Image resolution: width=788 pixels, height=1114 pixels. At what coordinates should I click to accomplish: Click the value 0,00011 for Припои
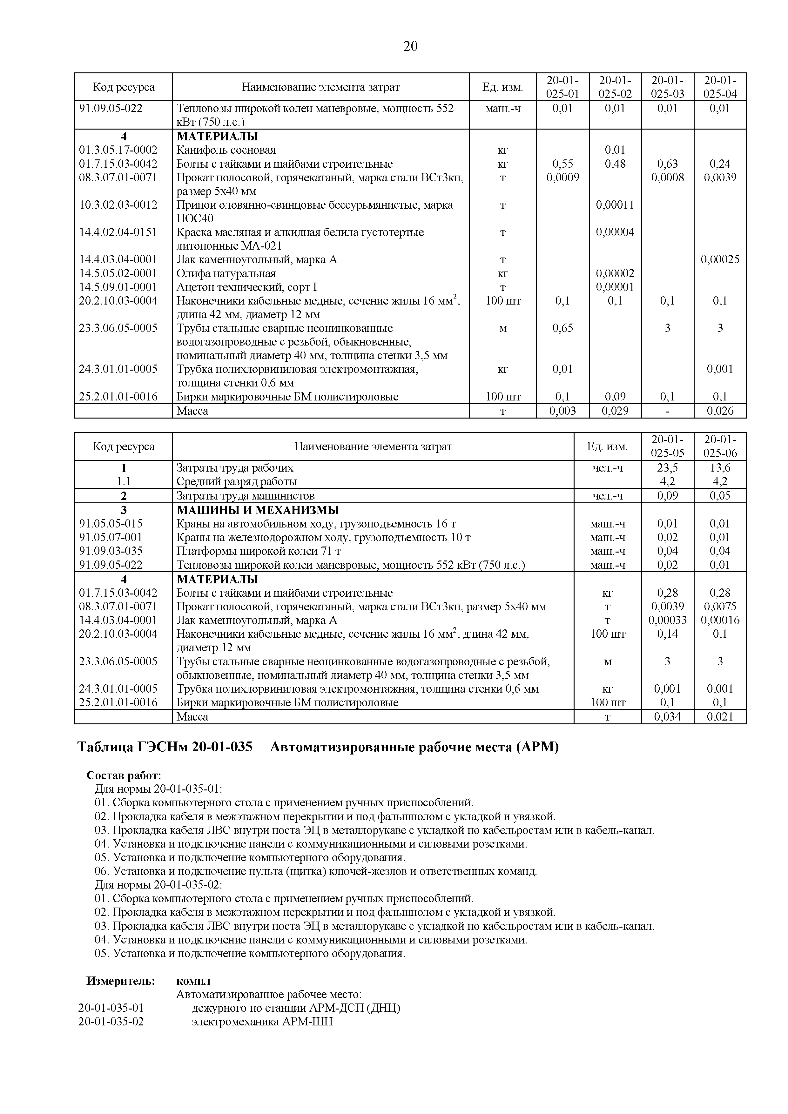tap(615, 205)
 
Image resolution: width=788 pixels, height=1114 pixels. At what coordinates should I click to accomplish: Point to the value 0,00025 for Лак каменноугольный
tap(720, 259)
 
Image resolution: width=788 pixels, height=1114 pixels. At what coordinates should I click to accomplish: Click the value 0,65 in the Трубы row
tap(562, 328)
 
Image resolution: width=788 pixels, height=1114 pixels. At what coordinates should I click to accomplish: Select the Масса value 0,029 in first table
tap(615, 411)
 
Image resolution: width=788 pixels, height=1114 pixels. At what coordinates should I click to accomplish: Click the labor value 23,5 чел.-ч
tap(667, 468)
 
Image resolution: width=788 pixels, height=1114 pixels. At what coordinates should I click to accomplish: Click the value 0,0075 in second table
tap(720, 607)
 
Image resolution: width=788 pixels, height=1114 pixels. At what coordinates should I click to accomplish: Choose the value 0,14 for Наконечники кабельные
tap(667, 634)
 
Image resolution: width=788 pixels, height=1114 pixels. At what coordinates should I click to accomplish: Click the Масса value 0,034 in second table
tap(667, 717)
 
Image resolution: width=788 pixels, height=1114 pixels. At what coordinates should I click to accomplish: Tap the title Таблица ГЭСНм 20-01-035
tap(165, 748)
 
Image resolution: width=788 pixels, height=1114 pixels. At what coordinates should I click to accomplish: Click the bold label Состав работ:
tap(124, 775)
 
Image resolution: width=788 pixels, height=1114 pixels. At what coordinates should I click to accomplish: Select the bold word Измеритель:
tap(120, 981)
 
